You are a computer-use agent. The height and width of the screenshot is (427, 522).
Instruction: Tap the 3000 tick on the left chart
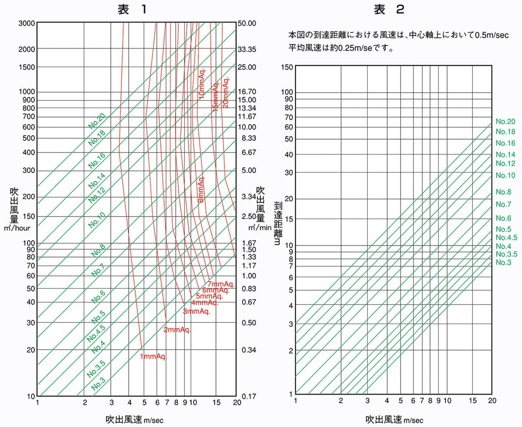pyautogui.click(x=27, y=23)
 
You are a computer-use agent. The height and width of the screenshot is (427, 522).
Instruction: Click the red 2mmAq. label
pyautogui.click(x=177, y=330)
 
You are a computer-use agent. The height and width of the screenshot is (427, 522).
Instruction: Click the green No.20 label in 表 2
pyautogui.click(x=505, y=122)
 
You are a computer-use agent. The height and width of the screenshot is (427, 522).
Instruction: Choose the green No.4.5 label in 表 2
pyautogui.click(x=506, y=238)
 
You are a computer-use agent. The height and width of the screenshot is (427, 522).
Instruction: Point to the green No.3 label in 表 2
pyautogui.click(x=504, y=262)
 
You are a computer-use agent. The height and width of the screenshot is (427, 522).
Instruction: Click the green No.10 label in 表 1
pyautogui.click(x=97, y=221)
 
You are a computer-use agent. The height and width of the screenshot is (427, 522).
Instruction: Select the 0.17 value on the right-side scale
pyautogui.click(x=248, y=396)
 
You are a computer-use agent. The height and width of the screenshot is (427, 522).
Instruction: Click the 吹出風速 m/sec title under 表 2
pyautogui.click(x=394, y=420)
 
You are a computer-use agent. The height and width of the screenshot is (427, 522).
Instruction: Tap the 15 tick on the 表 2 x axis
pyautogui.click(x=473, y=401)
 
